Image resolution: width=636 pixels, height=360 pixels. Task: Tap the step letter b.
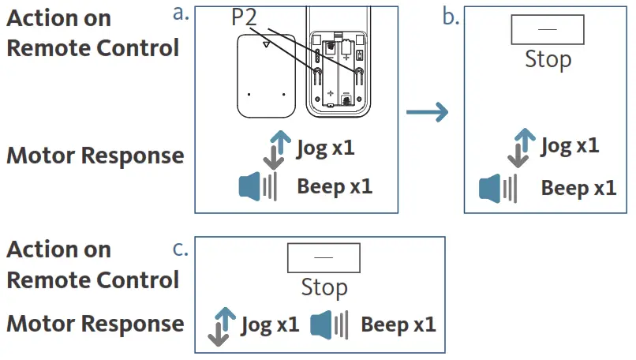tap(451, 17)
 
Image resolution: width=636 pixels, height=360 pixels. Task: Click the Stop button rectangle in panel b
tap(548, 29)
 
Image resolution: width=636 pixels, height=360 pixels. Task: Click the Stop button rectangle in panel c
tap(324, 258)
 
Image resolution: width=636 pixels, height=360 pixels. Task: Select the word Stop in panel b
tap(548, 59)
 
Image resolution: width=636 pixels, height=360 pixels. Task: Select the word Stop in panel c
tap(324, 287)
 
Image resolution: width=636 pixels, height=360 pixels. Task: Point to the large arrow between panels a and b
tap(427, 112)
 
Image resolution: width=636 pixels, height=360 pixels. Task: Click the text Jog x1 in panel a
tap(326, 148)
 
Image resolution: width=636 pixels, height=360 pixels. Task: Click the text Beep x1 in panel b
tap(578, 188)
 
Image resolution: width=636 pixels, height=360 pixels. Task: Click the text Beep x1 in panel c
tap(398, 324)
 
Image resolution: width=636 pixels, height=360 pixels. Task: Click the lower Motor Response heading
tap(95, 324)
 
